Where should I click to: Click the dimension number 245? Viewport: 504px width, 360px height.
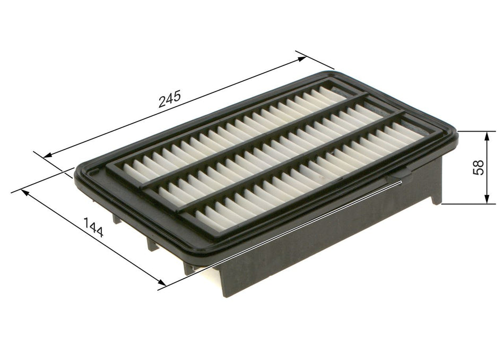coord(169,99)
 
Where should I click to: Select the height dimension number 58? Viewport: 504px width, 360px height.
coord(479,167)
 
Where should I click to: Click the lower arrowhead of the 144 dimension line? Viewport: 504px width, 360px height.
coord(160,285)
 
